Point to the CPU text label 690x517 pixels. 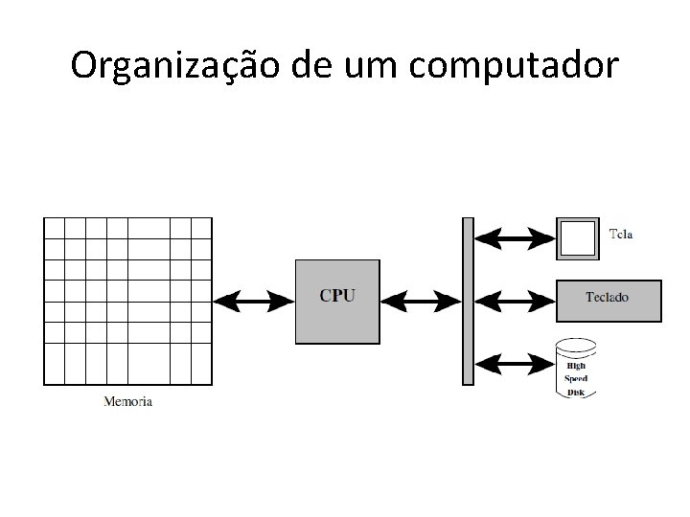[337, 296]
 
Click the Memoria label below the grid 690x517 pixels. [128, 401]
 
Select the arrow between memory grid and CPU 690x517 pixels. [254, 302]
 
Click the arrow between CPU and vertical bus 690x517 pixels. [421, 302]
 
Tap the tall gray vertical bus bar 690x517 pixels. [468, 301]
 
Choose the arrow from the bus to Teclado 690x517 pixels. [515, 301]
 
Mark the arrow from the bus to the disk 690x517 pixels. [515, 363]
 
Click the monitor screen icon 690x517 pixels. [577, 237]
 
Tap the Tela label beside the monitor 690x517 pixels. [621, 234]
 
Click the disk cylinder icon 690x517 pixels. [576, 370]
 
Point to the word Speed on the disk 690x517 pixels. [576, 378]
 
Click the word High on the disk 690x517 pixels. [576, 366]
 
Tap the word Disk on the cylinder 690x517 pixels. [576, 391]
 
